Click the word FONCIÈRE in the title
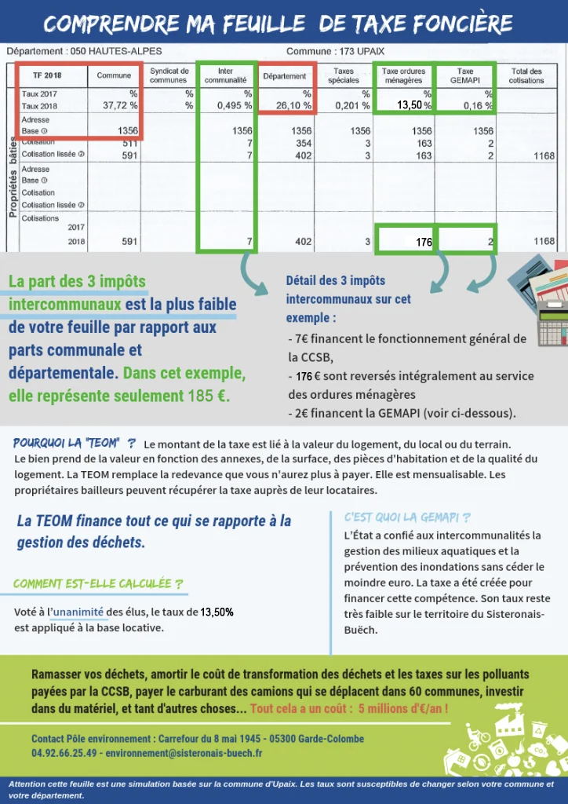click(x=464, y=24)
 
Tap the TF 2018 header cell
click(x=48, y=76)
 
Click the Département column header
click(x=285, y=76)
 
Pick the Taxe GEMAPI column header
click(x=464, y=75)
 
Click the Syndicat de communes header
click(x=169, y=75)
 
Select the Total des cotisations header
click(x=526, y=75)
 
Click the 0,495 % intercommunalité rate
click(x=236, y=105)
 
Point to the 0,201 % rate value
click(x=352, y=105)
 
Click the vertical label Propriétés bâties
click(x=12, y=177)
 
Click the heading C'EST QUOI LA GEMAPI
click(x=407, y=517)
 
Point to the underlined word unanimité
click(x=78, y=612)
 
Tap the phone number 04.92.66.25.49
click(x=65, y=752)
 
